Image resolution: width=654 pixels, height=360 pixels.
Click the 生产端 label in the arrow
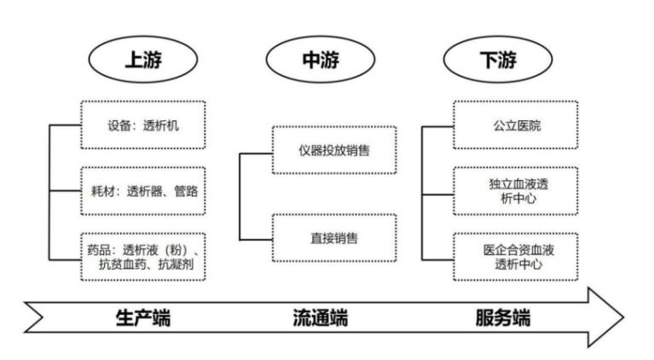142,318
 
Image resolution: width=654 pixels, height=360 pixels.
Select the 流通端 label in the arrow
320,318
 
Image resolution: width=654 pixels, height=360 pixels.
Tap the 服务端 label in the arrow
502,318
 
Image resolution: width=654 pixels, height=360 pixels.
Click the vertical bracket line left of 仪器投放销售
240,195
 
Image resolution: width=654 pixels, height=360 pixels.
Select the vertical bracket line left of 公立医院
423,191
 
